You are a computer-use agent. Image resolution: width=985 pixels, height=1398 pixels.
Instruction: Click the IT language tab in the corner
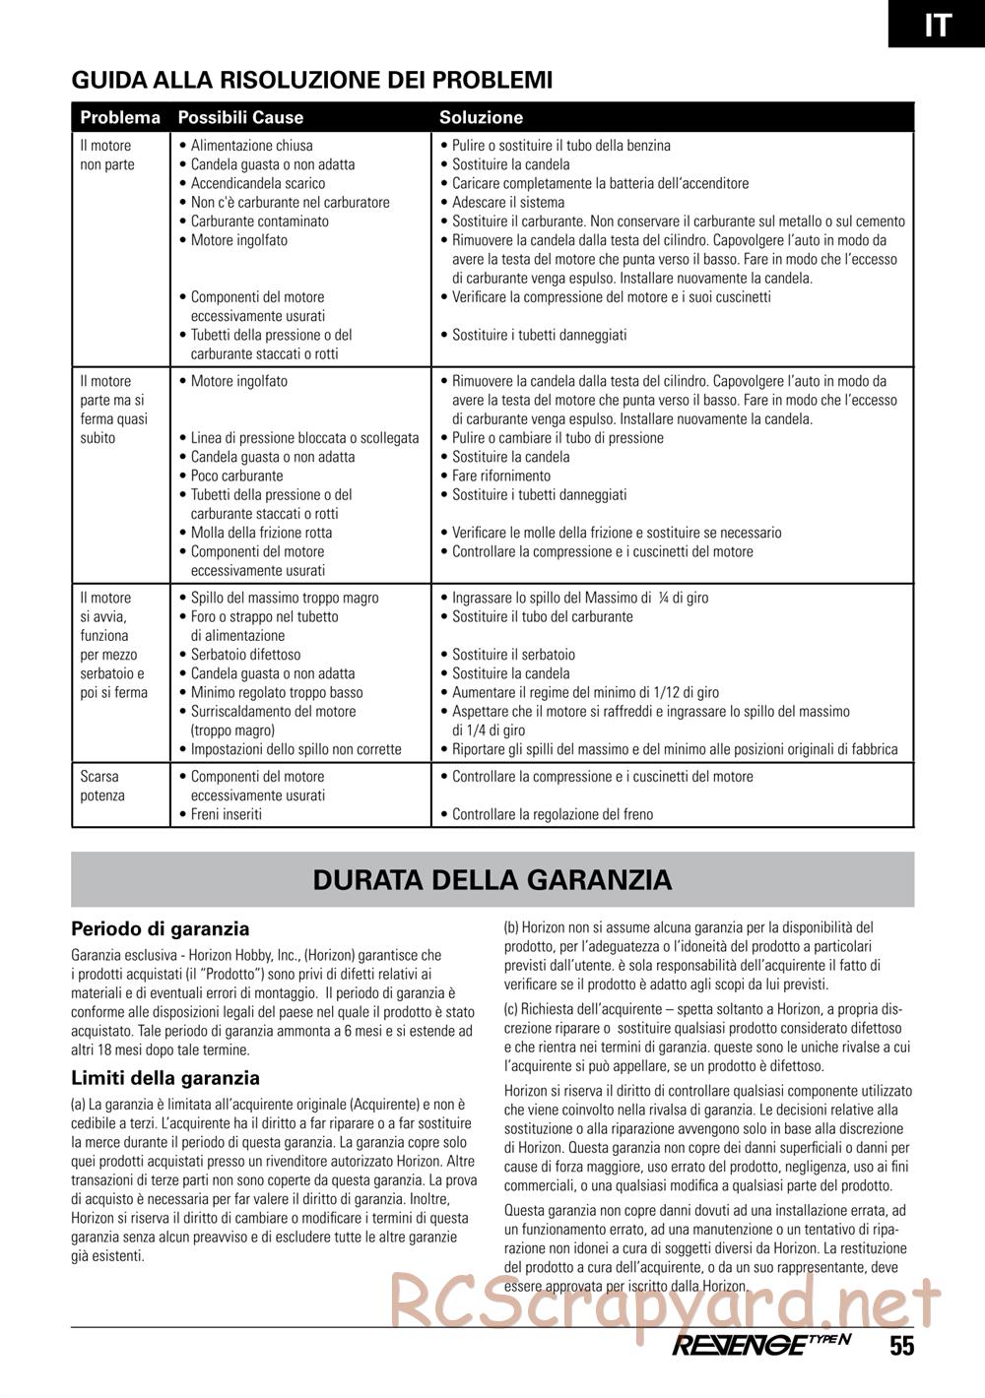[x=937, y=24]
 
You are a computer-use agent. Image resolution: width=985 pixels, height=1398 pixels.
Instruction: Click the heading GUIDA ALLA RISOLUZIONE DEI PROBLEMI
[x=312, y=80]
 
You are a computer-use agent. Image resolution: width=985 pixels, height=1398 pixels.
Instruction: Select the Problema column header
[x=120, y=117]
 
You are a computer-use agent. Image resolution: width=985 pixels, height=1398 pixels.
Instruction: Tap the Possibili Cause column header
[x=240, y=117]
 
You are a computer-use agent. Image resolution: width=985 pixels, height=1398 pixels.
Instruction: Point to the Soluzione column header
[x=481, y=117]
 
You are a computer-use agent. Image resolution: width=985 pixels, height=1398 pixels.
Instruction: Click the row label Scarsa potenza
[x=102, y=786]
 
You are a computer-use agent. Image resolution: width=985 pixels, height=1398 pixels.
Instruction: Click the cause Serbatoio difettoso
[x=245, y=655]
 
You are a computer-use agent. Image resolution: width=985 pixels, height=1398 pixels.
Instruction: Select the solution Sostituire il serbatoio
[x=513, y=655]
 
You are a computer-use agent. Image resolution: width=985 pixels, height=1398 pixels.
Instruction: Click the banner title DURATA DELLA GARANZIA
[x=492, y=879]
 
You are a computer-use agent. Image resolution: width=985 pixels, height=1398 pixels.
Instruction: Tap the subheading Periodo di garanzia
[x=161, y=928]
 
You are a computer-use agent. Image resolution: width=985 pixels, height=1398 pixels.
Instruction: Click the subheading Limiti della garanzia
[x=165, y=1078]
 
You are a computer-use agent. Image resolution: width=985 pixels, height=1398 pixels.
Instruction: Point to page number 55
[x=901, y=1347]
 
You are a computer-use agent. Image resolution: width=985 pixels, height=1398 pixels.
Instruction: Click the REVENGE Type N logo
[x=760, y=1346]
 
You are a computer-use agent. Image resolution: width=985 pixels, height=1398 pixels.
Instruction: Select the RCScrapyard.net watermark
[x=666, y=1302]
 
